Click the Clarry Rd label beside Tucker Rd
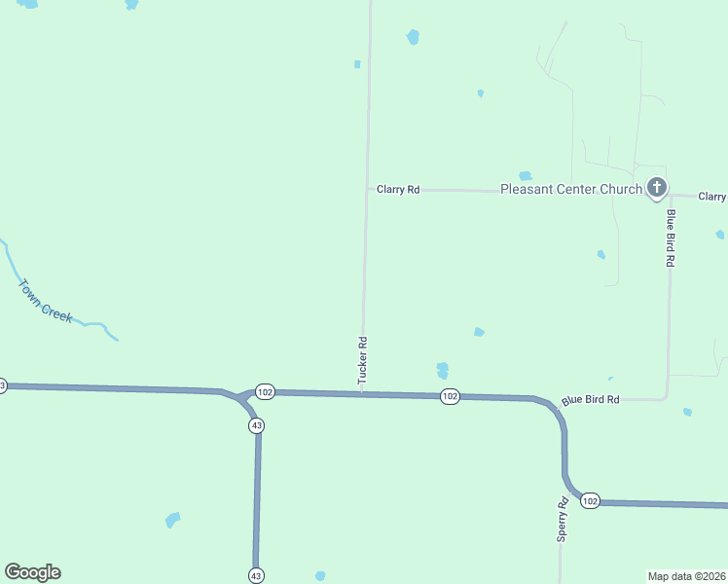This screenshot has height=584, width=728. [398, 190]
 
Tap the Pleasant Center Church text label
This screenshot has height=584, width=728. [570, 190]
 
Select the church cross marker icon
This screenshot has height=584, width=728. [657, 187]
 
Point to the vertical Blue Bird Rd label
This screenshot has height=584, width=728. [671, 237]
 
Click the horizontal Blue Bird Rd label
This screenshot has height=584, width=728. [591, 400]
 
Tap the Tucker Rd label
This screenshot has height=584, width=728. [362, 360]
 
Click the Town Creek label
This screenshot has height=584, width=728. [46, 301]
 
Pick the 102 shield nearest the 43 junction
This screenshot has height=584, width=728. [266, 391]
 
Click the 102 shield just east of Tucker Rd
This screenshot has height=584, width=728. [449, 396]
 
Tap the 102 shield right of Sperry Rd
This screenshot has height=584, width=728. [590, 500]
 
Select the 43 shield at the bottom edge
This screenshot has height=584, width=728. [256, 574]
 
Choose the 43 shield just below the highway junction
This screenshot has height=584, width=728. [256, 426]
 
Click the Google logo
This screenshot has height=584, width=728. [33, 572]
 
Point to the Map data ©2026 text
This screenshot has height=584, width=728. [686, 575]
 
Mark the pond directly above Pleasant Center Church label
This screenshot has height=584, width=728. [526, 176]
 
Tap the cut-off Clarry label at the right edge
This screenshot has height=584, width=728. [712, 197]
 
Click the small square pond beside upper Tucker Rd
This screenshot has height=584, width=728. [357, 64]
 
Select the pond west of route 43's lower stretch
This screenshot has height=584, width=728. [172, 520]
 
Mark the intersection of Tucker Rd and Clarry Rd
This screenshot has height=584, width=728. [367, 190]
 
